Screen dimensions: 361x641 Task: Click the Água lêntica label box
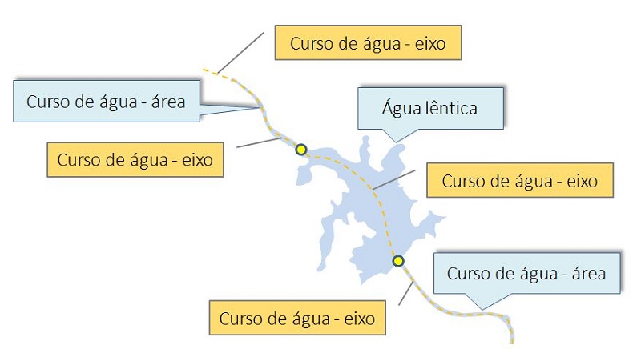coord(430,107)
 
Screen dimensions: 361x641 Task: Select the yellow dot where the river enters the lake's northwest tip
coord(301,150)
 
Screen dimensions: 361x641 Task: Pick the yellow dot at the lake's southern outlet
coord(398,261)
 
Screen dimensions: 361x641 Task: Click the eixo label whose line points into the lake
coord(519,181)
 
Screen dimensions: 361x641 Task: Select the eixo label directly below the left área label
coord(135,159)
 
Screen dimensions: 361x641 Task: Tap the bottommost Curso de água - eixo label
coord(296,318)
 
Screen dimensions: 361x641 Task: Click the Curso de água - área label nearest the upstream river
coord(106,102)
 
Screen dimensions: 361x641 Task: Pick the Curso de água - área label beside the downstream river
coord(526,274)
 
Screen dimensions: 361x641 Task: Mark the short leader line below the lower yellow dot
coord(406,293)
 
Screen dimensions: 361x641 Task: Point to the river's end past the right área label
coord(511,339)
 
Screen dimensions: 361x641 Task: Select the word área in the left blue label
coord(164,102)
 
